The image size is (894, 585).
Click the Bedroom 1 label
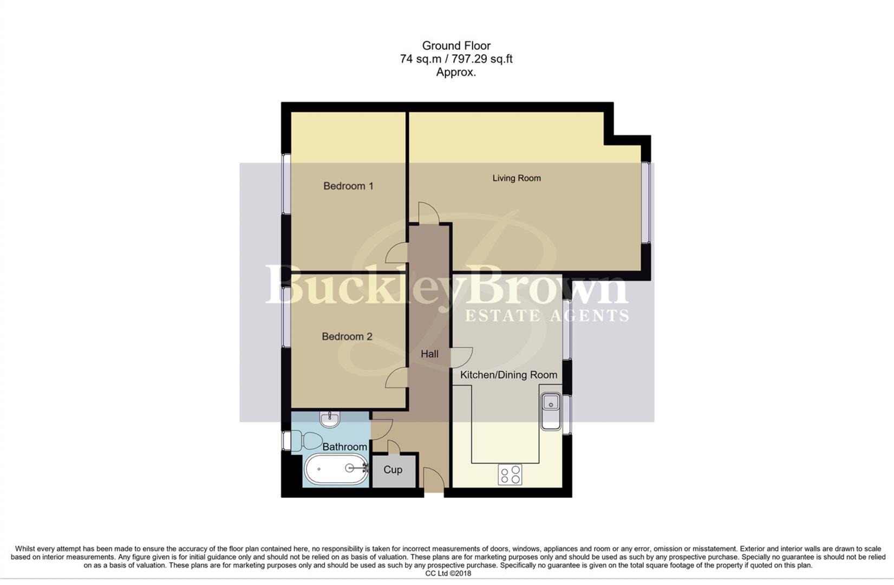pos(348,186)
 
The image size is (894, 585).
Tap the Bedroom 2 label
pos(347,336)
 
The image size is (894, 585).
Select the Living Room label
pos(516,178)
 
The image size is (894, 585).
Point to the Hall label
pos(429,354)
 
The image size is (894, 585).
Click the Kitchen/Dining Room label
pos(508,375)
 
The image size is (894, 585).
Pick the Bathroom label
pos(344,447)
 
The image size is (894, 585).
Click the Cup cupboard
pos(393,470)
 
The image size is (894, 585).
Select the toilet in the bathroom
pos(306,440)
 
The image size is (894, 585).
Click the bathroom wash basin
pos(329,419)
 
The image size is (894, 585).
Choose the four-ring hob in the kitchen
pos(510,475)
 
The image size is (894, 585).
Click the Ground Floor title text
pos(456,46)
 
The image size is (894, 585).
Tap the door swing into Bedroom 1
pos(397,253)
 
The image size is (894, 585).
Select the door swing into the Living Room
pos(428,213)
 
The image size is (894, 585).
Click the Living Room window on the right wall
pos(645,202)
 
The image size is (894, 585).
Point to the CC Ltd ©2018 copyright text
pos(448,573)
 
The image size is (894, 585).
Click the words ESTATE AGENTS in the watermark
pos(547,315)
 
